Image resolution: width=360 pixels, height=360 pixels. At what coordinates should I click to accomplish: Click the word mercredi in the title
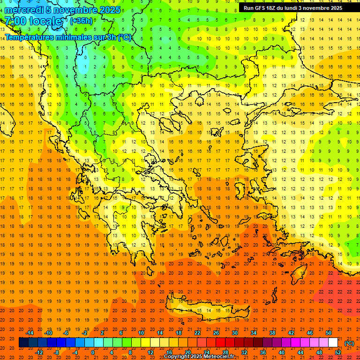(24, 10)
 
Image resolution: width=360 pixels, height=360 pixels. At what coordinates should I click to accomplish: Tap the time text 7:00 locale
(33, 21)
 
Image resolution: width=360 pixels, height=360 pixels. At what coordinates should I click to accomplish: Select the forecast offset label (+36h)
(81, 21)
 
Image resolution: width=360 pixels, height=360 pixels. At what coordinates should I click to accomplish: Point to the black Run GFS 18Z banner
(292, 8)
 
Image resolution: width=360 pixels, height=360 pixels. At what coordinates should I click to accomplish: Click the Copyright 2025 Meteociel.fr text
(199, 357)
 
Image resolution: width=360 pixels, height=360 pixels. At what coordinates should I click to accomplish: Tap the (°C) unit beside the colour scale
(349, 343)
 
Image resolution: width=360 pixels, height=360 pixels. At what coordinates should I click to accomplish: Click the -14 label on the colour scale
(30, 333)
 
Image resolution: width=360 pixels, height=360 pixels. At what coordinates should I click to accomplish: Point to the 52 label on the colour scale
(337, 352)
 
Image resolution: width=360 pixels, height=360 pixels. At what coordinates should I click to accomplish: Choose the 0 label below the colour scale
(92, 352)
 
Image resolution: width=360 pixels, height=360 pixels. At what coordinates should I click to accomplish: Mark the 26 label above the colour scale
(216, 333)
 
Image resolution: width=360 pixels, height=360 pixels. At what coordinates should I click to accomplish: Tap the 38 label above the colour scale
(272, 333)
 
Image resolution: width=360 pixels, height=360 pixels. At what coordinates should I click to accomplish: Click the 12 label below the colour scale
(151, 352)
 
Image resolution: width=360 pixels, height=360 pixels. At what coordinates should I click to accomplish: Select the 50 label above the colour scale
(328, 333)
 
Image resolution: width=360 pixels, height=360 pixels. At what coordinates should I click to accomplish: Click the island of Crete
(206, 309)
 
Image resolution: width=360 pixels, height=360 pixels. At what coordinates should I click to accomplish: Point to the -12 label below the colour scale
(39, 352)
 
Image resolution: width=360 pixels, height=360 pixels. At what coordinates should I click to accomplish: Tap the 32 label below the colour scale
(244, 352)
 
